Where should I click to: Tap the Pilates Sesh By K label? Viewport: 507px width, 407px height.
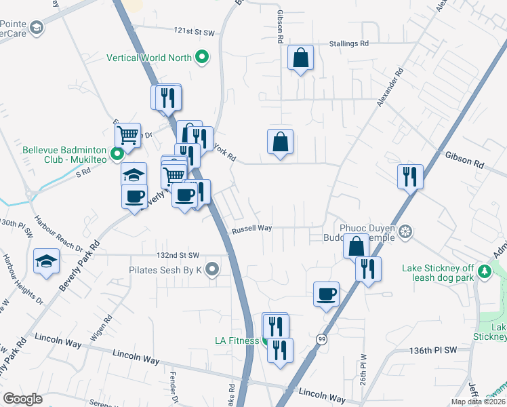165,270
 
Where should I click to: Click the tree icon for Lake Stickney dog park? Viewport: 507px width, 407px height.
484,272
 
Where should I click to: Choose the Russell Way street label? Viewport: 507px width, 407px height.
251,229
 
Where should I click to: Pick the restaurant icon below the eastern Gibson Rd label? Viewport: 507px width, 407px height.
410,176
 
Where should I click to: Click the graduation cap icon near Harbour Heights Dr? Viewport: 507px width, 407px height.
46,261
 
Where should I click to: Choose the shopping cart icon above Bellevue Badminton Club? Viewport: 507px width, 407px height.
127,134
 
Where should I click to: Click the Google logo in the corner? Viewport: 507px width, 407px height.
22,399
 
